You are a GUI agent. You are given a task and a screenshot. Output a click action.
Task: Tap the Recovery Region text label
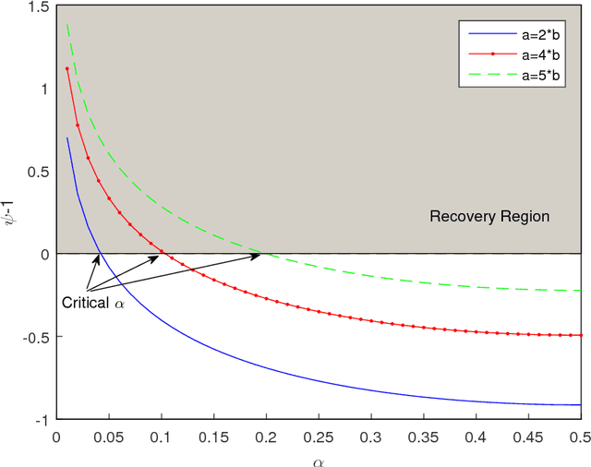[489, 217]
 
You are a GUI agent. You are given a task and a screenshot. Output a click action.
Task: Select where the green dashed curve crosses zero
[262, 254]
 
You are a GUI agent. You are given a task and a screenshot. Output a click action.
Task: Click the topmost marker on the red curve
[66, 68]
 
